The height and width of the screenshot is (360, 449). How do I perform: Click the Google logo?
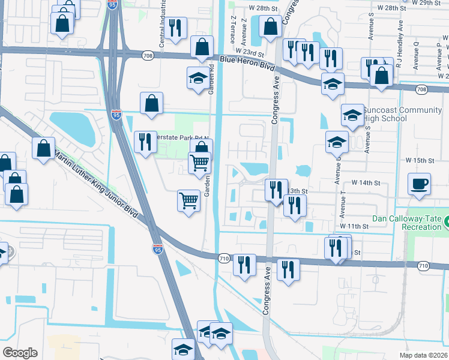[20, 353]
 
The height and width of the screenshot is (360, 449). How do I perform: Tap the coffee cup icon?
[419, 184]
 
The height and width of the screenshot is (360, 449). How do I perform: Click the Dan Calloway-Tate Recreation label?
[406, 223]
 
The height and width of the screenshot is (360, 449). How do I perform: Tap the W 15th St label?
[419, 161]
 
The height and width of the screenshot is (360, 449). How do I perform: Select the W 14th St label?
[366, 182]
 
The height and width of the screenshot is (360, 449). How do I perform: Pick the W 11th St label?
[354, 226]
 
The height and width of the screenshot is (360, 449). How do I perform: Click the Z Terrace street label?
[232, 29]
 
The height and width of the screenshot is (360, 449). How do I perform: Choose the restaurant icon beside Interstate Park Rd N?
[145, 142]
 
